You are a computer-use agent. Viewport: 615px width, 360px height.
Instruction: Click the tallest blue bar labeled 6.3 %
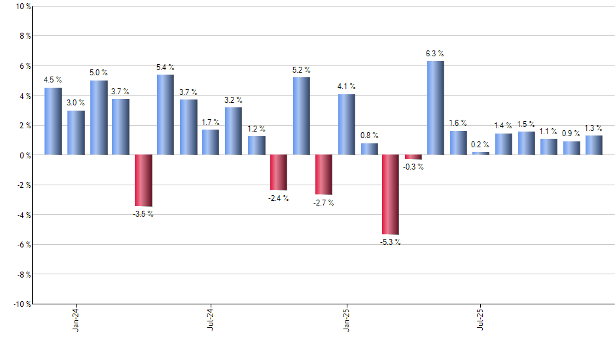pyautogui.click(x=436, y=108)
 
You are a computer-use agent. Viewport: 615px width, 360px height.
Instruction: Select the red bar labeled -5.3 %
pyautogui.click(x=391, y=194)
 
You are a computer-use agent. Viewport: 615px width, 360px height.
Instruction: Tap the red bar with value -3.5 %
pyautogui.click(x=143, y=181)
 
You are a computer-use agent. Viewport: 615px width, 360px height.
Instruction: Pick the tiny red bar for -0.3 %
pyautogui.click(x=413, y=157)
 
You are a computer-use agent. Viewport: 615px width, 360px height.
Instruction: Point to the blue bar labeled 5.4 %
pyautogui.click(x=166, y=115)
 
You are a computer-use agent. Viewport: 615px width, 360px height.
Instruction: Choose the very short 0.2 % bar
pyautogui.click(x=481, y=153)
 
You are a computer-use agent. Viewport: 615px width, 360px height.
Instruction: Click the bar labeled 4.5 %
pyautogui.click(x=53, y=121)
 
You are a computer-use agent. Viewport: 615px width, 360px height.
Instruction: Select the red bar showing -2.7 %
pyautogui.click(x=323, y=175)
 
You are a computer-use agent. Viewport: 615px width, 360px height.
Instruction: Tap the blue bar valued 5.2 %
pyautogui.click(x=301, y=116)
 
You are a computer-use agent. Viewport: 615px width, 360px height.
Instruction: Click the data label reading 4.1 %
pyautogui.click(x=347, y=86)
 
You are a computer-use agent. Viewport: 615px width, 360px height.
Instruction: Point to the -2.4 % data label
pyautogui.click(x=278, y=198)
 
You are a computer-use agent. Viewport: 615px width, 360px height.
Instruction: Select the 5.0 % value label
pyautogui.click(x=99, y=72)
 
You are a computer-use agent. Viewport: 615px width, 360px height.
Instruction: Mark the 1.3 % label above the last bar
pyautogui.click(x=593, y=128)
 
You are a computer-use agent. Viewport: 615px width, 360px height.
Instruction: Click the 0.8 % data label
pyautogui.click(x=369, y=135)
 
